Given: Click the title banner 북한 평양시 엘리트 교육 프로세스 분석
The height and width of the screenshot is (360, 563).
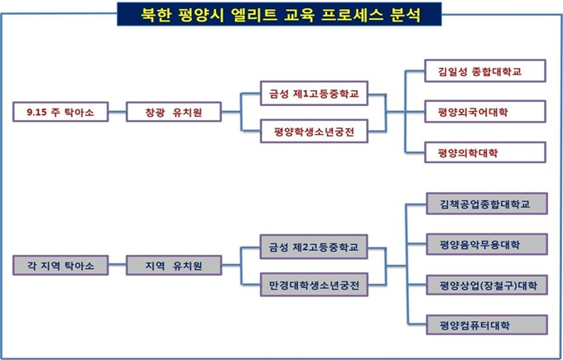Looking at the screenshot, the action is (x=279, y=14).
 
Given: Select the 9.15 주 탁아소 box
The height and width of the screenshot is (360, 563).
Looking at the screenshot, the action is (x=60, y=112).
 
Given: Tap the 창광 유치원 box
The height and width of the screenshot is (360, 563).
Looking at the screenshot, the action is (x=174, y=112).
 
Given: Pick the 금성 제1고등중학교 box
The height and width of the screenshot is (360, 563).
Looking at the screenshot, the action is (x=314, y=94).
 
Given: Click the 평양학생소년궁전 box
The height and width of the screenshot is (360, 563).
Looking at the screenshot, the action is (x=314, y=132).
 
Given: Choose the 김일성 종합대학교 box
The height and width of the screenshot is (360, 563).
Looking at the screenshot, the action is (x=485, y=71).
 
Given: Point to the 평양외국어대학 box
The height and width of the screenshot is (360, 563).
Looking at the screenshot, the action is (x=485, y=112).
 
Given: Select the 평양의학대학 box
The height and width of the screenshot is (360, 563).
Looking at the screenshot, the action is (x=485, y=152).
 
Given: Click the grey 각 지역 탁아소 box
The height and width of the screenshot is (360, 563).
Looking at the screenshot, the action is (x=60, y=266).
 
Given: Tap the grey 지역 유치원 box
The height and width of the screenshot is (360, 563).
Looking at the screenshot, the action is (x=174, y=266).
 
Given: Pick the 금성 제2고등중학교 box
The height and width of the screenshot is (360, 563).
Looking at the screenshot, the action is (x=314, y=247).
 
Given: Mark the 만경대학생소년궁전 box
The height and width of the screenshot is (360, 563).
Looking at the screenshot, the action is (x=314, y=285).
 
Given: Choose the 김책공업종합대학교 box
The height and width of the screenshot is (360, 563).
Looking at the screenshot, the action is (x=487, y=204).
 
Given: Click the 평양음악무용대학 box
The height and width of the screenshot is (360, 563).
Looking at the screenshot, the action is (x=487, y=244).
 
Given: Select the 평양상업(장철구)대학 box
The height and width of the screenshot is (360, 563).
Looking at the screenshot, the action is (x=487, y=286).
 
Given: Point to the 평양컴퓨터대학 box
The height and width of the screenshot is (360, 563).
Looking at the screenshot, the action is (x=487, y=325).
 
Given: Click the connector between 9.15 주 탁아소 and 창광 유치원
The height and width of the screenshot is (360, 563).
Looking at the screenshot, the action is (x=118, y=112).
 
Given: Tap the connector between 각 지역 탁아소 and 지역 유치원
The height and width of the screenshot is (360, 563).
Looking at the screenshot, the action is (x=118, y=265).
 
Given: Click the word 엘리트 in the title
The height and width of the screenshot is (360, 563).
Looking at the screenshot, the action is (x=254, y=14).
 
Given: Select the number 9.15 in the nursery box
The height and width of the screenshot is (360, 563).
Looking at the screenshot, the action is (x=36, y=112).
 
